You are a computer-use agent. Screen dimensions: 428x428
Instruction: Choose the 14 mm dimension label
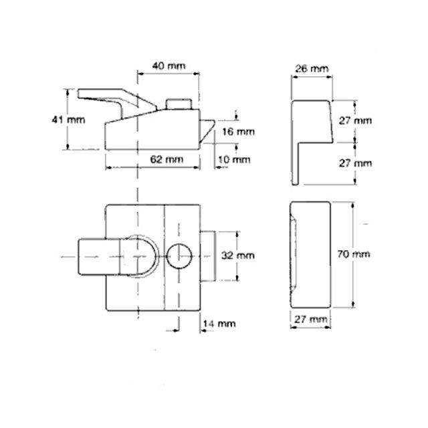pyautogui.click(x=219, y=323)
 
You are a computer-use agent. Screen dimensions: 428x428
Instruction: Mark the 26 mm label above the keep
pyautogui.click(x=311, y=70)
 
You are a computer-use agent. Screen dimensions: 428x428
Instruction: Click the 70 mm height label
pyautogui.click(x=354, y=255)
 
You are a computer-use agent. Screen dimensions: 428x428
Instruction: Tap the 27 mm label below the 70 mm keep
pyautogui.click(x=309, y=320)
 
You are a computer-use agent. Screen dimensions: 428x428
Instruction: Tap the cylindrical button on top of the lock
pyautogui.click(x=180, y=105)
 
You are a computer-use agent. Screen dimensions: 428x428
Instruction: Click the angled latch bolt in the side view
pyautogui.click(x=207, y=130)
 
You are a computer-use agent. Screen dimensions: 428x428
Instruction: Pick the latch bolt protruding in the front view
pyautogui.click(x=209, y=255)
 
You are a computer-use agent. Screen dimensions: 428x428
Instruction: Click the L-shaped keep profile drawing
pyautogui.click(x=309, y=134)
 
